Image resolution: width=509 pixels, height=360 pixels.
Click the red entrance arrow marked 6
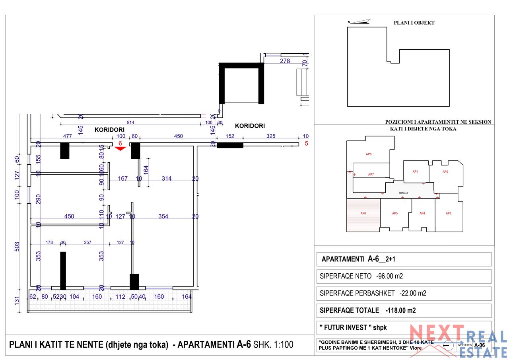click(x=120, y=148)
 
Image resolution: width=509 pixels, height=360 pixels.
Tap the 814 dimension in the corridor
click(x=130, y=123)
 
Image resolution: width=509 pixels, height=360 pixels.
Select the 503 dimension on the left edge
click(x=17, y=246)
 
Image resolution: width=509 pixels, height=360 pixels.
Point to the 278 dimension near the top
click(x=285, y=61)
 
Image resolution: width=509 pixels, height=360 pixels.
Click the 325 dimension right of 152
click(x=270, y=136)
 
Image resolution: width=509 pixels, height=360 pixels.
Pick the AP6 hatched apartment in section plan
click(x=363, y=215)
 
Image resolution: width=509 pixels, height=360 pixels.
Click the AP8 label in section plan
click(x=368, y=154)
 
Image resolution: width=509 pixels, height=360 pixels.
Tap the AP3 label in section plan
click(x=448, y=214)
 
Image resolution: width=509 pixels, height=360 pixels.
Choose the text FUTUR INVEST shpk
click(x=353, y=327)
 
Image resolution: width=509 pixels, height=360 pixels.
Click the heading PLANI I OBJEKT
click(x=414, y=23)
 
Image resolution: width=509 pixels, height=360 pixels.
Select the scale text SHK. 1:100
click(x=273, y=344)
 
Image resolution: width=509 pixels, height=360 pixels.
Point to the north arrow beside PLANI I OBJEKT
click(x=359, y=21)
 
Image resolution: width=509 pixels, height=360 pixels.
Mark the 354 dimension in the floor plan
click(x=163, y=216)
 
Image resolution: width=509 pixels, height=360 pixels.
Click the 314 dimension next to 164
click(x=167, y=179)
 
